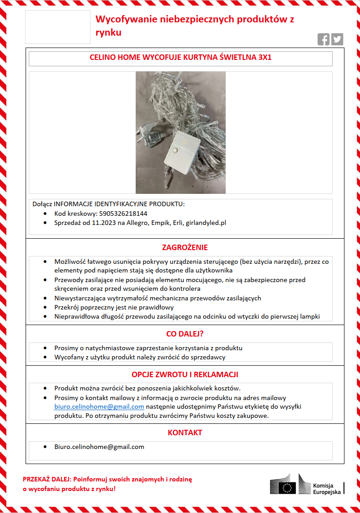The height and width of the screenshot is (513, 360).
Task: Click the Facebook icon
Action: pos(323,39)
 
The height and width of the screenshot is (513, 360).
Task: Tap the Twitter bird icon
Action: pos(337,39)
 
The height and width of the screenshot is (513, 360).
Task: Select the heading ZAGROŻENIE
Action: pos(185,247)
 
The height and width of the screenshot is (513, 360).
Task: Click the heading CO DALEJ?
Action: pos(185,334)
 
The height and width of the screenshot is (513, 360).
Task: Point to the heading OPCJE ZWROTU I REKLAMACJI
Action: pos(185,374)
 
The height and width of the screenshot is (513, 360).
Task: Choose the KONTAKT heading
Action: pos(185,433)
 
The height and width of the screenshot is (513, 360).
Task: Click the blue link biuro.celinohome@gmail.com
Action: pos(99,406)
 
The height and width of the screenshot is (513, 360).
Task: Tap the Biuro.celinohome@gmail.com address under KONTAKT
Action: pos(99,447)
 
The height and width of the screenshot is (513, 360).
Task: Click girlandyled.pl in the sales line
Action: pos(209,223)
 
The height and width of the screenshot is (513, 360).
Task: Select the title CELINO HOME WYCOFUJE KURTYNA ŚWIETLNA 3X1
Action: pos(180,59)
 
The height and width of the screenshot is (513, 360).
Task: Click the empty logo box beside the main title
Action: pos(58,27)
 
